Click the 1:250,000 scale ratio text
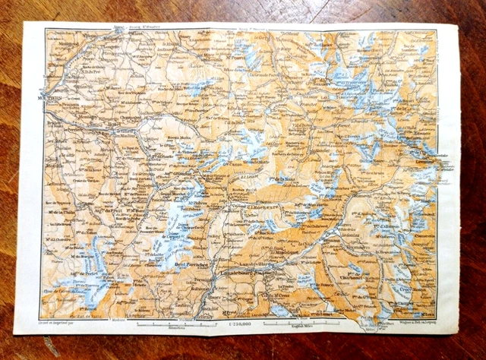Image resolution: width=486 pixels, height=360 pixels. click(x=238, y=323)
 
